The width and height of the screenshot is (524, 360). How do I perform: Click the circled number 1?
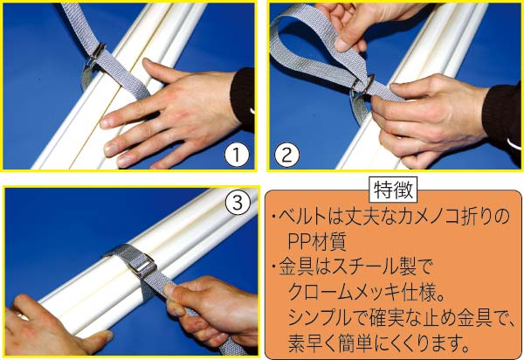coord(237,156)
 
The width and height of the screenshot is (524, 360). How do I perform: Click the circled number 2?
coord(286,156)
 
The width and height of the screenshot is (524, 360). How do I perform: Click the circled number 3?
coord(238,203)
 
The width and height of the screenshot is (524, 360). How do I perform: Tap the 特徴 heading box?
coord(393,190)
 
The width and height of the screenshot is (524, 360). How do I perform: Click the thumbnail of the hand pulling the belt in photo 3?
coord(169,289)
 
